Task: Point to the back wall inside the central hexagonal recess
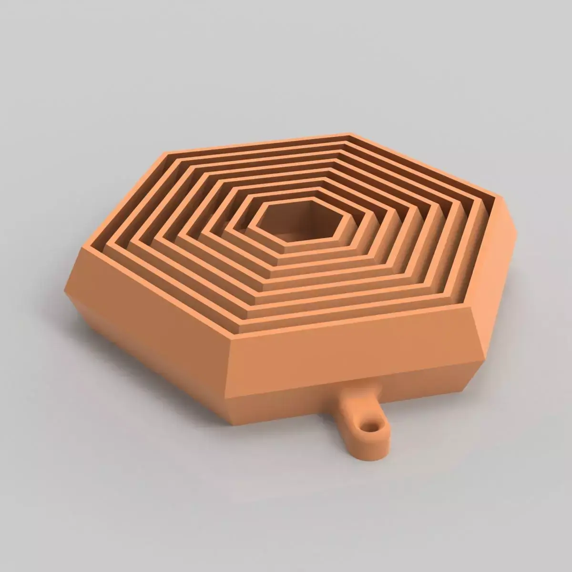click(x=305, y=210)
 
